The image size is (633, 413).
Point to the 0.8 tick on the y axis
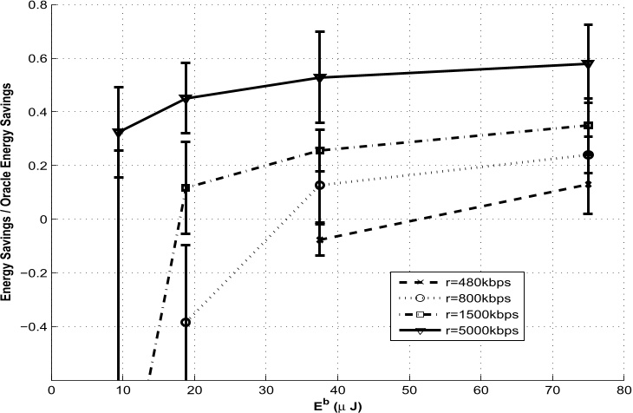(x=39, y=5)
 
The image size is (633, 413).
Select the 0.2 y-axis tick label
(x=39, y=166)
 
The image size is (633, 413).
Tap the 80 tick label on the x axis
(x=623, y=390)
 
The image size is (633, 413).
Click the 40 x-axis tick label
(x=337, y=390)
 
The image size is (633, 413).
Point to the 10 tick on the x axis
(x=123, y=390)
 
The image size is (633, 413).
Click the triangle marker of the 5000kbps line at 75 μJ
(x=588, y=64)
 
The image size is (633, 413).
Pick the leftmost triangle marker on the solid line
(x=119, y=133)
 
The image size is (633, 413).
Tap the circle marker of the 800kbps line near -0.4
(x=186, y=322)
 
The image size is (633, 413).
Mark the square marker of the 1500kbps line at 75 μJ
(x=588, y=126)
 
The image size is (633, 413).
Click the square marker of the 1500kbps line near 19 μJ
(x=186, y=188)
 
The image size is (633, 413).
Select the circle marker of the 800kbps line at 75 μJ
(x=588, y=155)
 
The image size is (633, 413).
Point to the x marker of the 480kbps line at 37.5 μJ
(x=320, y=239)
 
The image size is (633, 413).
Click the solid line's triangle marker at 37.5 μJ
(x=320, y=78)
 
